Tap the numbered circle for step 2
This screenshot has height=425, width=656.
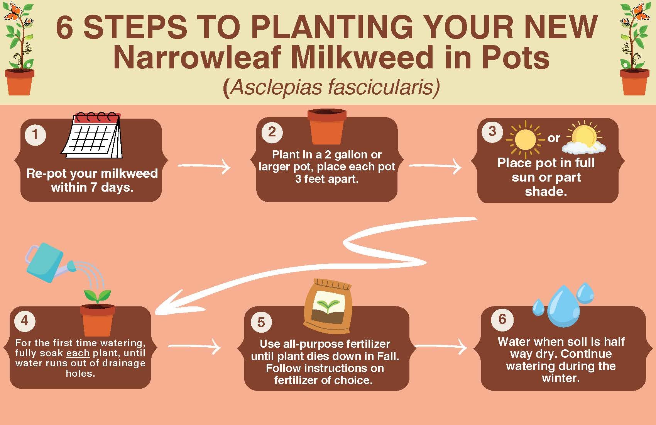coord(272,132)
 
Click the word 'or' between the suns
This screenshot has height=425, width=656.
coord(554,138)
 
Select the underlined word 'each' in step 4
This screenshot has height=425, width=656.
coord(78,353)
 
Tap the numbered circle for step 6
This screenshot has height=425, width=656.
coord(502,319)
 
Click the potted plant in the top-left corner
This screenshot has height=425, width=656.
coord(19,50)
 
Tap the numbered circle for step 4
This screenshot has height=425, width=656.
coord(25,320)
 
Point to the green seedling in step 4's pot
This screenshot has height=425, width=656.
coord(97,297)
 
